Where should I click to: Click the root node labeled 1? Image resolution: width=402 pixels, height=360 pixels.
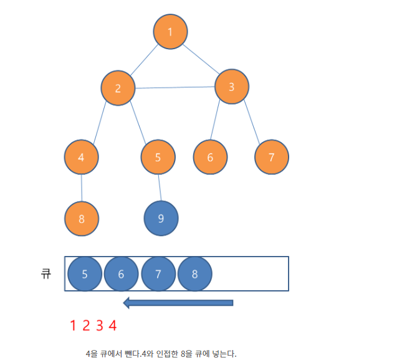pos(170,32)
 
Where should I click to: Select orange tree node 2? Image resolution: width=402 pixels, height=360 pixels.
pos(118,88)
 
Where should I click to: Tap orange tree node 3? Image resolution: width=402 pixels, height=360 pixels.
pos(232,87)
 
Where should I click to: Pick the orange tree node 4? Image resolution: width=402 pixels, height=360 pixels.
pos(82,157)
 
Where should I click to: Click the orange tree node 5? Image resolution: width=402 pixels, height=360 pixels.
pos(158,157)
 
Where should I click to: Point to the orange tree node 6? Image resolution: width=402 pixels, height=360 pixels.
pos(210,157)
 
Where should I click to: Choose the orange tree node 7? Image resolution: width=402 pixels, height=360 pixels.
pos(272,157)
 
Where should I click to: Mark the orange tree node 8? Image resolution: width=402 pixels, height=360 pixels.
pos(82,219)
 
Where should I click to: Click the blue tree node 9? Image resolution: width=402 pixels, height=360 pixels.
pos(161,219)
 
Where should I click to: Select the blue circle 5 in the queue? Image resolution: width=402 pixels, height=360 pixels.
pos(85,274)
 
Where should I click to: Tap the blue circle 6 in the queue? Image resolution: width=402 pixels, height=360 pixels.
pos(121,274)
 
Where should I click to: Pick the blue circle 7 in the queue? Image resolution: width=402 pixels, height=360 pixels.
pos(158,274)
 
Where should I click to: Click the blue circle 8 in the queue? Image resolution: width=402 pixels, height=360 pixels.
pos(194,274)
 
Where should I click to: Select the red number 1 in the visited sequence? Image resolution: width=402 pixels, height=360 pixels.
pos(73,325)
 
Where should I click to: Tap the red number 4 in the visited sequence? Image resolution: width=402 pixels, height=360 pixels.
pos(112,325)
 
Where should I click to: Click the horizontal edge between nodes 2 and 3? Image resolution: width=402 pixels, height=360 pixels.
pos(175,87)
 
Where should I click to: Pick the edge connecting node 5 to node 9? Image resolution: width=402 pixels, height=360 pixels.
pos(160,187)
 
